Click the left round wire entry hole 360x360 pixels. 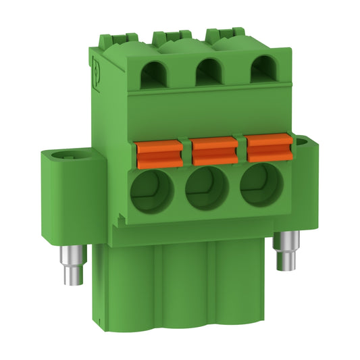(153, 191)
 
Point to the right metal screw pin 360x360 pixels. (288, 249)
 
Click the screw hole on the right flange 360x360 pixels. (302, 143)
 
